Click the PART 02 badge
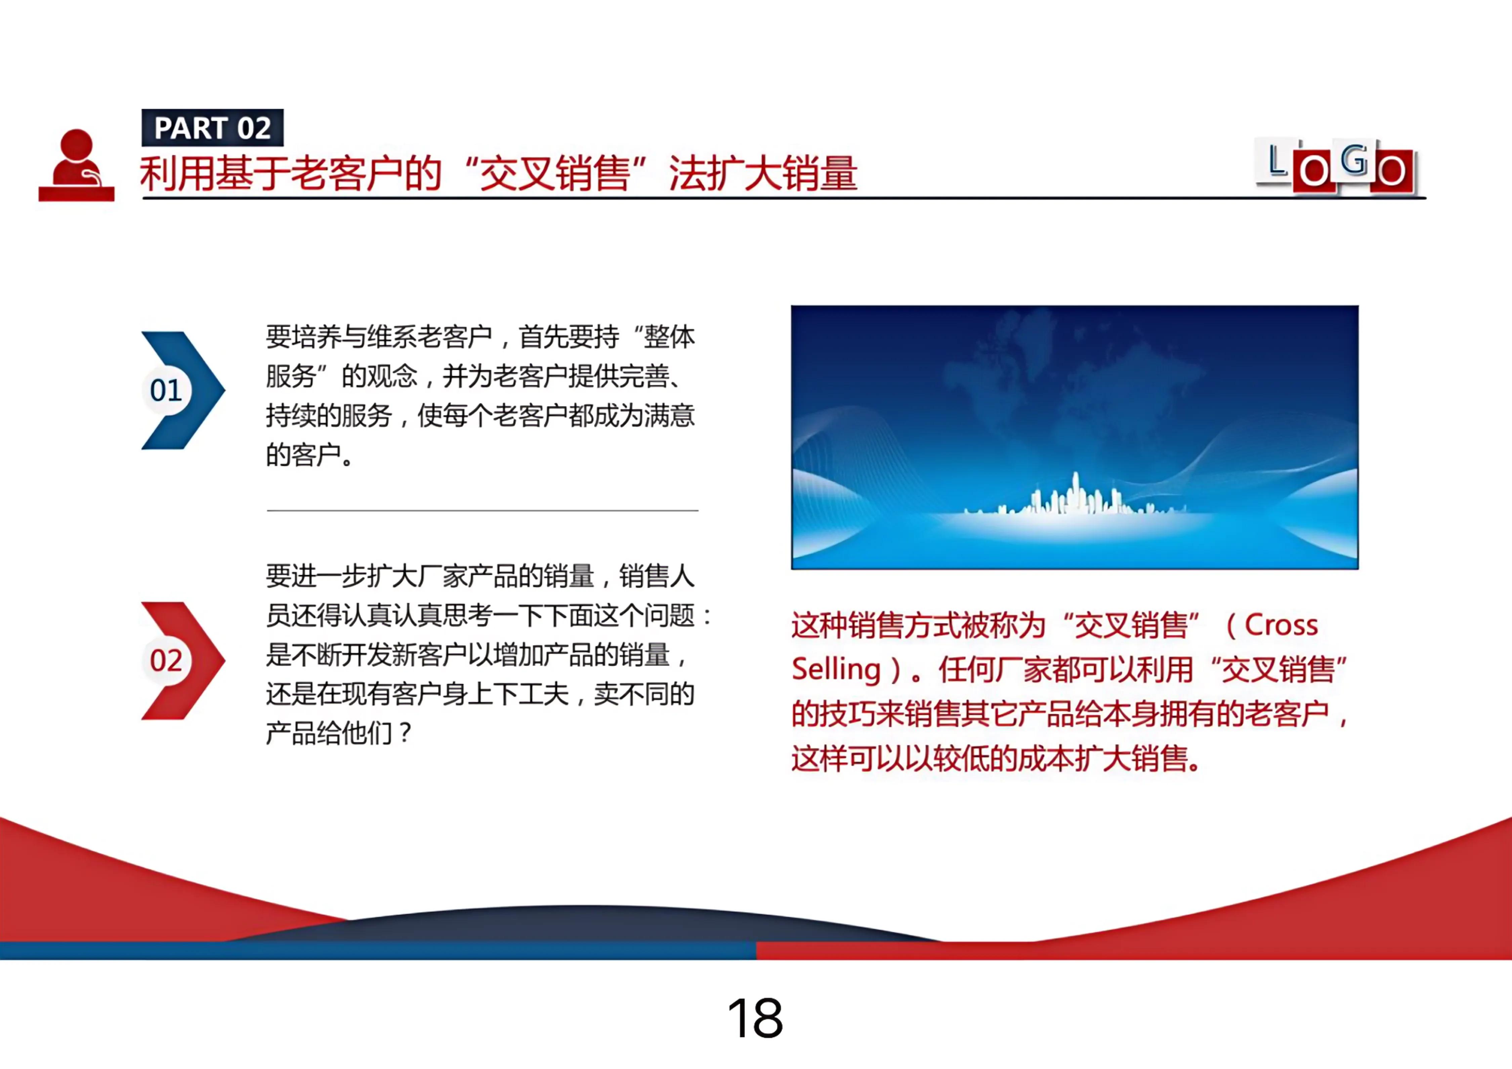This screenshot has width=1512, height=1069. click(x=212, y=128)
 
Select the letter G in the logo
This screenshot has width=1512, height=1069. click(x=1353, y=160)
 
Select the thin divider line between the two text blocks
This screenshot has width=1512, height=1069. click(x=482, y=510)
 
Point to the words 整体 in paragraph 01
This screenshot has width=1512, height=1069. click(x=669, y=337)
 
